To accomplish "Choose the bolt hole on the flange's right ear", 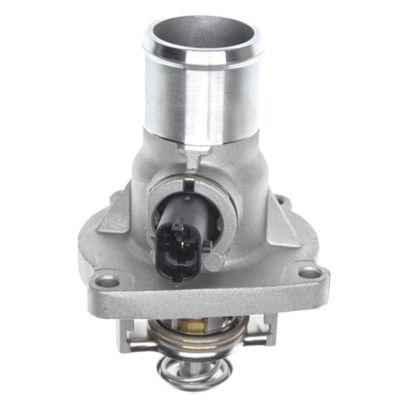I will [x=309, y=273].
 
